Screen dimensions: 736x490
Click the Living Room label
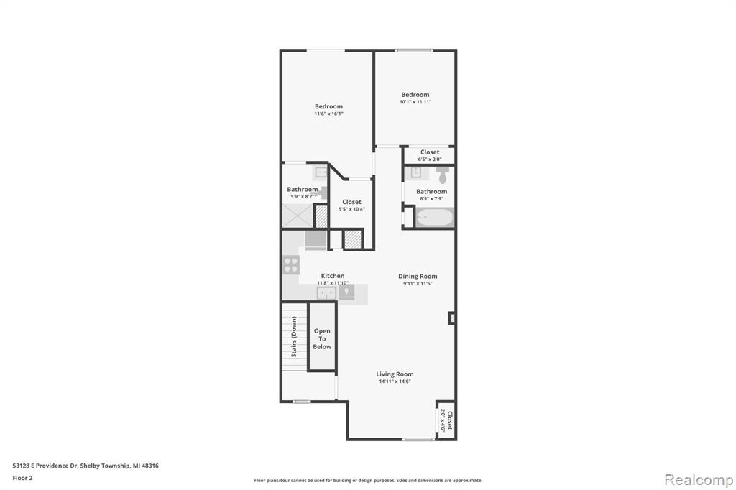pos(395,374)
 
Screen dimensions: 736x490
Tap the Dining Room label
pos(418,277)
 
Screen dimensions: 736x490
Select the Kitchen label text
pos(333,276)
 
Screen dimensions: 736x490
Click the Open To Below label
pos(322,339)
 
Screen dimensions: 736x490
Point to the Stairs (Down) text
pos(294,337)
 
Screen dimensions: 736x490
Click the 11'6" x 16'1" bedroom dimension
pos(328,114)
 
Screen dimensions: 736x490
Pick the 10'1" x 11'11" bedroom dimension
pos(415,102)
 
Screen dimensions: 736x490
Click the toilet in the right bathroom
pos(443,175)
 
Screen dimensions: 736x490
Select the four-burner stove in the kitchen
pos(291,265)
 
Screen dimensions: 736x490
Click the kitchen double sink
pos(327,293)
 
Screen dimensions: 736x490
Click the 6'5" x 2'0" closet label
pos(430,155)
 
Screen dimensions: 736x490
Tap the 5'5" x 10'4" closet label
pos(351,205)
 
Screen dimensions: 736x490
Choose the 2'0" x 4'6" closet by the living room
pos(446,420)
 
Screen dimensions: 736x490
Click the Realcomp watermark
pos(699,480)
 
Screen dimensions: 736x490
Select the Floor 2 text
pos(22,479)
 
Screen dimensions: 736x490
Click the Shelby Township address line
pos(86,466)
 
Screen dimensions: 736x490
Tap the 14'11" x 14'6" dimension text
pos(395,382)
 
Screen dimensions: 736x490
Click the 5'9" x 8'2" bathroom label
pos(302,197)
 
